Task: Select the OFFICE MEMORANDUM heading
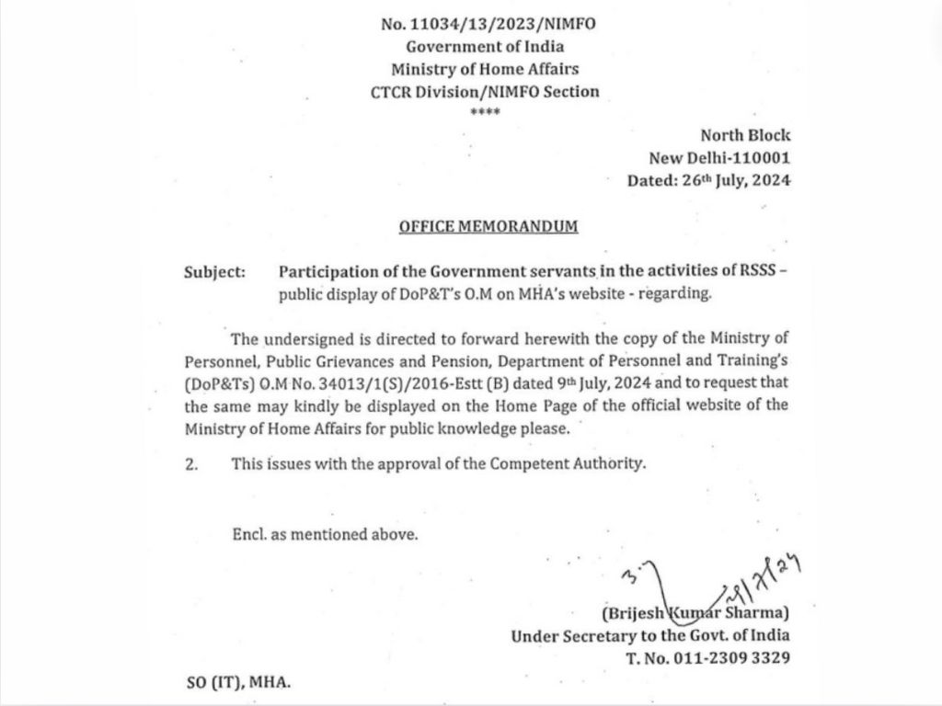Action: pos(488,226)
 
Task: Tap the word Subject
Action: pos(214,272)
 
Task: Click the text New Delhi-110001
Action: pos(732,157)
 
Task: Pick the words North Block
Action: pos(745,135)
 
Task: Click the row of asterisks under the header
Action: pos(484,112)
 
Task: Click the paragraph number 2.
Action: pos(191,464)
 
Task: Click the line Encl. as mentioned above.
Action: pos(325,534)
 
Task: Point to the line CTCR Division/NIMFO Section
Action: pos(484,91)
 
